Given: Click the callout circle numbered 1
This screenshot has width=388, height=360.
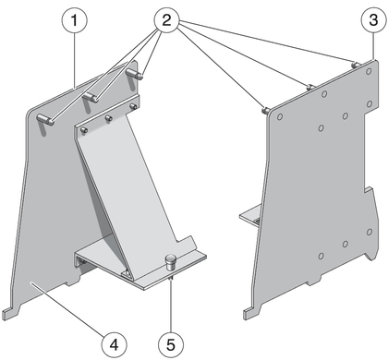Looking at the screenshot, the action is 75,20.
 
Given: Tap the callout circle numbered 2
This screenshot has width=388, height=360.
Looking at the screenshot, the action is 166,20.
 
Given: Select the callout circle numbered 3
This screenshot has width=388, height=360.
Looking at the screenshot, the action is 373,20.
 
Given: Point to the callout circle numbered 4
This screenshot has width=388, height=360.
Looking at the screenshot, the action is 115,344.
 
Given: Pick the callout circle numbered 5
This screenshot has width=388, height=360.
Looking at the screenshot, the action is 171,344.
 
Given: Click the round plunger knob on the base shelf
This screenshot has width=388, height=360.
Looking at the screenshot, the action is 170,262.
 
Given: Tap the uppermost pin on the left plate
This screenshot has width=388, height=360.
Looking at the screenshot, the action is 134,74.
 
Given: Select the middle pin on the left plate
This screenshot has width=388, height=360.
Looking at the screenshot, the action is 91,97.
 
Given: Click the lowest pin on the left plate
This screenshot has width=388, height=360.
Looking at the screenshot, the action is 45,119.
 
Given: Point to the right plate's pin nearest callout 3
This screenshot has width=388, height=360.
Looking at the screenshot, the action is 355,65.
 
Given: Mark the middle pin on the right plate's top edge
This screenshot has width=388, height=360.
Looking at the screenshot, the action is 310,88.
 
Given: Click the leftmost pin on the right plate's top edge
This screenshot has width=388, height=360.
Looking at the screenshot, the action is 265,110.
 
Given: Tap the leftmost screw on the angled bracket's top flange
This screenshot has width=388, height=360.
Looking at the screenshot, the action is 84,130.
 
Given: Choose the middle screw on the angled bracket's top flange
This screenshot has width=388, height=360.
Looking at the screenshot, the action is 109,118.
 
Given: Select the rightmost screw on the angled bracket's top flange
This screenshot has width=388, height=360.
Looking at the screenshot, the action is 133,106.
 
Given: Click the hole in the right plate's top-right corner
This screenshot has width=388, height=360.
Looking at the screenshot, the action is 369,72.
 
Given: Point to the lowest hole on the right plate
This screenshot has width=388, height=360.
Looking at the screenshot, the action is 321,256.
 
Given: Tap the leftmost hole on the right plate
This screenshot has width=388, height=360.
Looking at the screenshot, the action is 280,117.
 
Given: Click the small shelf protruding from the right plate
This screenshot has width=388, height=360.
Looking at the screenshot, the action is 250,216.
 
